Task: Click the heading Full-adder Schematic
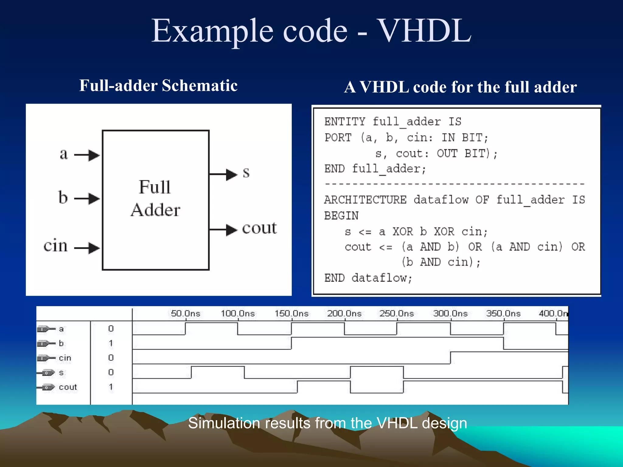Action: tap(158, 85)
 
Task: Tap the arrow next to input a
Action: tap(87, 155)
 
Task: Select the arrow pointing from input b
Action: tap(87, 199)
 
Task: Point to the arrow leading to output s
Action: tap(224, 174)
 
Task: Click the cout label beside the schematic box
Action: tap(259, 228)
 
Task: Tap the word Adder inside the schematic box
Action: tap(155, 210)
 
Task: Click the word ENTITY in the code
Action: tap(345, 122)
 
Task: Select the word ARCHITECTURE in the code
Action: tap(365, 200)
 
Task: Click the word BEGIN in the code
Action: tap(341, 216)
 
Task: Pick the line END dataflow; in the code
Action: tap(368, 278)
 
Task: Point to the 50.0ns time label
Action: tap(185, 313)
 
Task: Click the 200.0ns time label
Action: tap(344, 313)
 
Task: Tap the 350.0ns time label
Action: tap(503, 313)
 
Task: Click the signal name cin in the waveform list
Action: tap(65, 358)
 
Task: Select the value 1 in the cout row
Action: tap(111, 387)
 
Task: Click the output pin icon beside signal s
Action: tap(47, 373)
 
